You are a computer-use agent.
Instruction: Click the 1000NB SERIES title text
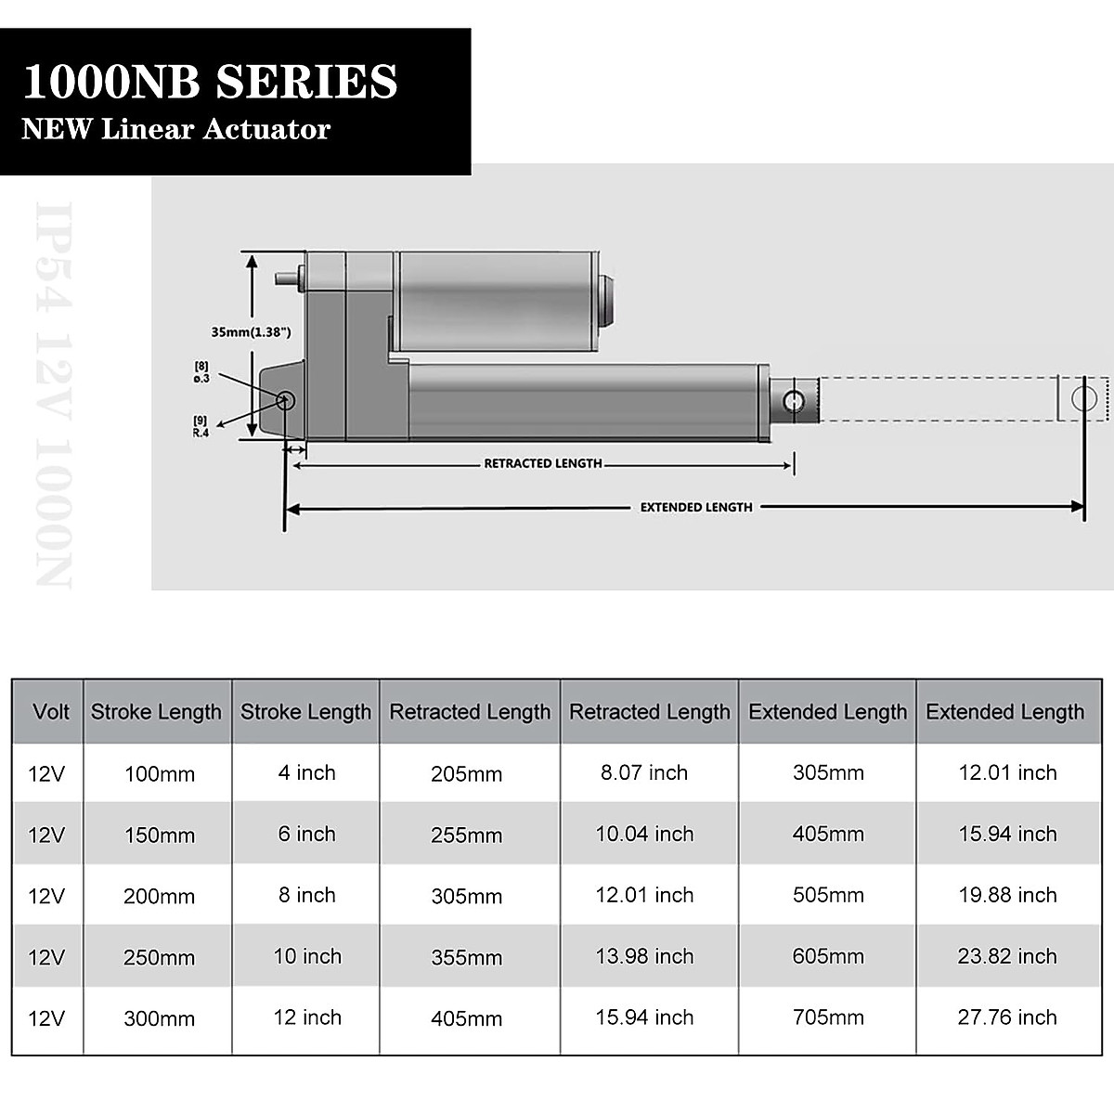(x=210, y=82)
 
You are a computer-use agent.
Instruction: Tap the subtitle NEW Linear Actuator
(x=175, y=129)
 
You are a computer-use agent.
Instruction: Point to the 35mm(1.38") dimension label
(x=251, y=331)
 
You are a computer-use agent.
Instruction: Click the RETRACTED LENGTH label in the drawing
(x=543, y=463)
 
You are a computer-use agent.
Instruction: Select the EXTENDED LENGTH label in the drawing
(x=696, y=507)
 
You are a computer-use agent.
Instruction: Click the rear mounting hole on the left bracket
(x=285, y=400)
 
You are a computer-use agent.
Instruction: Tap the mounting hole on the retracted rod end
(x=794, y=401)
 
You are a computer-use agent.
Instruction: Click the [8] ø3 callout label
(x=201, y=372)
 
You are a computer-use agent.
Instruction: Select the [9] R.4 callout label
(x=201, y=426)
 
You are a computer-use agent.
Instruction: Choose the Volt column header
(x=50, y=712)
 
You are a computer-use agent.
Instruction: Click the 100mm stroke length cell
(x=160, y=774)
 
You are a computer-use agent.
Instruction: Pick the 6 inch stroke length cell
(x=306, y=834)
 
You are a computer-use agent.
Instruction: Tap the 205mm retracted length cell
(x=466, y=774)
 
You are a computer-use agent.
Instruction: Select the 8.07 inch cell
(x=644, y=772)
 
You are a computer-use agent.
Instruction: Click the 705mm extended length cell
(x=828, y=1017)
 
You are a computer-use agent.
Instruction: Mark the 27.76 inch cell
(x=1007, y=1017)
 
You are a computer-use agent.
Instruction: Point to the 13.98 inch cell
(x=644, y=956)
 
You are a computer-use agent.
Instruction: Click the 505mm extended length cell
(x=828, y=895)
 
